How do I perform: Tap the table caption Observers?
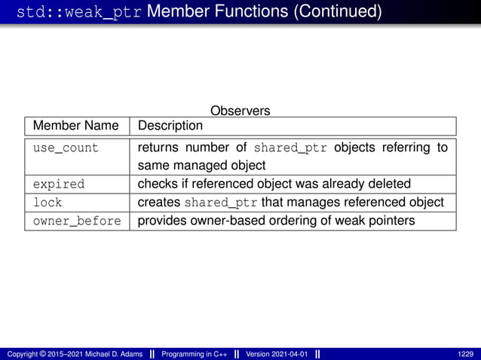[x=240, y=111]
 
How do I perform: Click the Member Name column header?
[x=75, y=126]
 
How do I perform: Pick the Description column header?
[x=170, y=126]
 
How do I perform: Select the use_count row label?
[x=66, y=148]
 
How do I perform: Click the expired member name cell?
[x=59, y=184]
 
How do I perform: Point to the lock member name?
[x=47, y=203]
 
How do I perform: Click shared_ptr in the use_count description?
[x=291, y=148]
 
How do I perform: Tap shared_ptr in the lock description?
[x=220, y=203]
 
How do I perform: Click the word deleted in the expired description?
[x=389, y=184]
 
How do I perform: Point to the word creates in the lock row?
[x=158, y=203]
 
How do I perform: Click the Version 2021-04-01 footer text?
[x=276, y=354]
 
